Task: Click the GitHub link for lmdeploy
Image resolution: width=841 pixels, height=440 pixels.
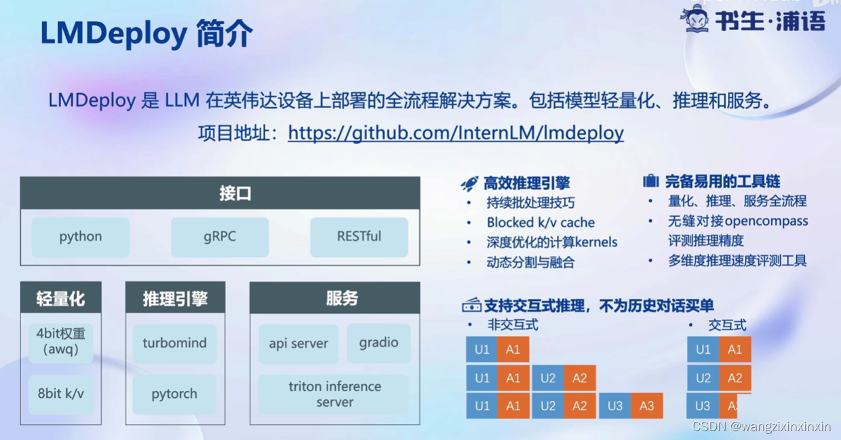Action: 456,132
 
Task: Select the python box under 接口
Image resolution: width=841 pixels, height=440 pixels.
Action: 81,237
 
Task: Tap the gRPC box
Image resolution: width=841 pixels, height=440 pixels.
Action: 220,237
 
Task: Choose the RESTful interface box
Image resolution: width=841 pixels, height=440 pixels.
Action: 359,237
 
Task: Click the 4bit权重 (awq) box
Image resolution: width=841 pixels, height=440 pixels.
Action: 61,342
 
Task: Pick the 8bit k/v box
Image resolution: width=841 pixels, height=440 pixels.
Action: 61,394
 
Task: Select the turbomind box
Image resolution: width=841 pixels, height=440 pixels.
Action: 174,343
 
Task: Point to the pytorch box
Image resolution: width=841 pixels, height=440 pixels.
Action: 174,394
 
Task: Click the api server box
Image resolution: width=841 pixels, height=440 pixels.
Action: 298,344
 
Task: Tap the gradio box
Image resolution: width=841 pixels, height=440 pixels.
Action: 378,343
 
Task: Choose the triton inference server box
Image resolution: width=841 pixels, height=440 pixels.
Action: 334,394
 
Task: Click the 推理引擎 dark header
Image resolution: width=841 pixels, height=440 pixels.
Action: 175,298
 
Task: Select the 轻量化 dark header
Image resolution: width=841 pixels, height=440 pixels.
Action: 61,298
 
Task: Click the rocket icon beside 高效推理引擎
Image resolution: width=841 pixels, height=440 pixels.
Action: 469,183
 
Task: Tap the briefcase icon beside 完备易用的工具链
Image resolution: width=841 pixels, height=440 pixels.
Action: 650,181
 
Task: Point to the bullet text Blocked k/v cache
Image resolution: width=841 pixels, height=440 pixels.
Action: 541,223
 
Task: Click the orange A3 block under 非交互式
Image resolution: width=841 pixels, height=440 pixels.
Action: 646,406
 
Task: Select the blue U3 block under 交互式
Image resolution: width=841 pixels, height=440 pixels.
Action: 703,406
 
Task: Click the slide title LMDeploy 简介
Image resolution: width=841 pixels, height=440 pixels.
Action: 146,33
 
